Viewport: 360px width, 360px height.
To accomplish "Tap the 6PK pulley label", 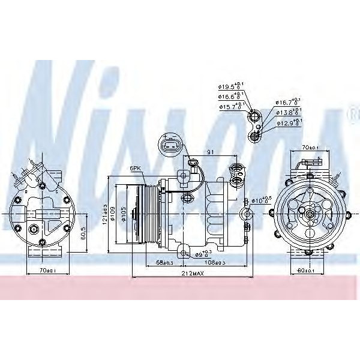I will click(x=136, y=169).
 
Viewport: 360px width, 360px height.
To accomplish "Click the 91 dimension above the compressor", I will click(x=209, y=151).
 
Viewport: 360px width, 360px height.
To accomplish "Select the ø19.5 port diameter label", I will click(x=231, y=86).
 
